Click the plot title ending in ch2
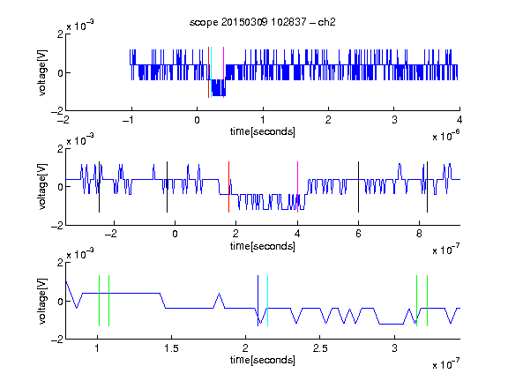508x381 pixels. point(263,22)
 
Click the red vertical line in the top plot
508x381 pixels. point(209,72)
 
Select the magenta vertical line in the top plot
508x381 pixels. point(223,72)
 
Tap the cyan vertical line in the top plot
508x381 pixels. point(212,72)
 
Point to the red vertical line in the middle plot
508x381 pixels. point(228,187)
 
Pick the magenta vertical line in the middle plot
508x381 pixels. point(298,187)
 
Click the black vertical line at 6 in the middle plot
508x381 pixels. point(358,187)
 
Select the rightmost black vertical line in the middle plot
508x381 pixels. point(428,187)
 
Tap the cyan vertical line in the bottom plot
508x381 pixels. point(267,301)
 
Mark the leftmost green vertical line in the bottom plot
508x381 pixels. point(99,301)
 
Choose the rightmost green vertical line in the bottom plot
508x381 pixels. point(428,301)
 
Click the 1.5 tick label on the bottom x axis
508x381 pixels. point(171,348)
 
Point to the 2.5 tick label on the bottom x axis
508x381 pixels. point(320,348)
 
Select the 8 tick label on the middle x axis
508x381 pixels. point(419,234)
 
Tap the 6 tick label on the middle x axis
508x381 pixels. point(358,234)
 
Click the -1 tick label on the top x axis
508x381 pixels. point(128,120)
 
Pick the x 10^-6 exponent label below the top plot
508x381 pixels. point(446,136)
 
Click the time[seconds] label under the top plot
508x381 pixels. point(263,131)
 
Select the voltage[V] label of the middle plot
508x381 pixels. point(42,187)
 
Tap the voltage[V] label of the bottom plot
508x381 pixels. point(42,301)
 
